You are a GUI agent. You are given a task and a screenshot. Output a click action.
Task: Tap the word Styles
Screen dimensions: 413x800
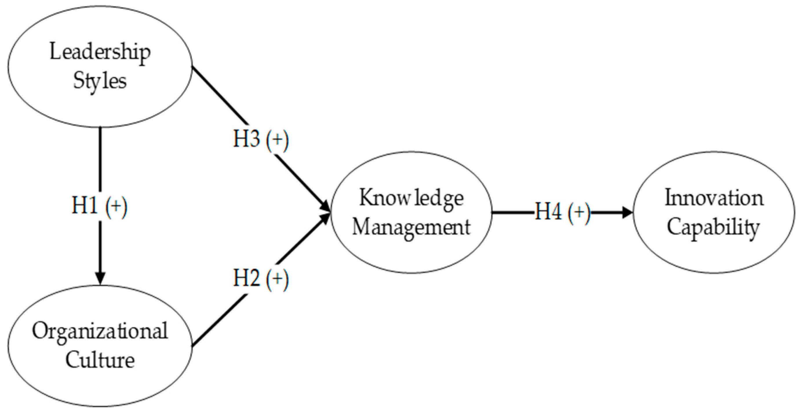100,81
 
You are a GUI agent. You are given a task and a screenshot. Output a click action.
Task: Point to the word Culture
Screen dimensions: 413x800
100,360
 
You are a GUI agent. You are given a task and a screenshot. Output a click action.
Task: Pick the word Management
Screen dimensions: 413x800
411,227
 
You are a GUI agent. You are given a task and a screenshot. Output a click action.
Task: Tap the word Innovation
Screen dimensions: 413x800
714,198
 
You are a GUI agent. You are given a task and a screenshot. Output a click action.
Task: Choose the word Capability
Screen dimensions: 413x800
714,227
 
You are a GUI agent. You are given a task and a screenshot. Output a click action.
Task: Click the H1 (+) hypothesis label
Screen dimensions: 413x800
99,206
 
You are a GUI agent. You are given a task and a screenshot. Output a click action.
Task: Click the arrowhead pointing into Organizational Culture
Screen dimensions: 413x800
100,278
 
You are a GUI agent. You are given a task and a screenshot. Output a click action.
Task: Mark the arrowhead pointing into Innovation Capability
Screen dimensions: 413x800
627,213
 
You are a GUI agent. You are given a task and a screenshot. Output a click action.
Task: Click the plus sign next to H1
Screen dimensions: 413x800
116,206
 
